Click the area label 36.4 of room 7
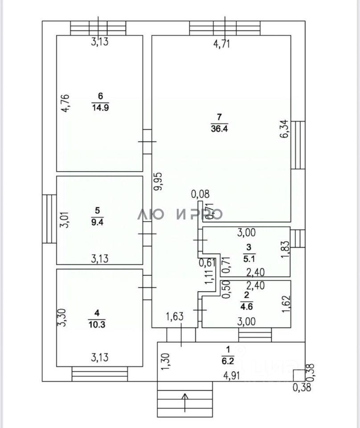[218, 129]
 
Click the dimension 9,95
[158, 181]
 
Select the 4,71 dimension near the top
[222, 44]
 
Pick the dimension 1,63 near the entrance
[175, 317]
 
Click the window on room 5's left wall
[49, 218]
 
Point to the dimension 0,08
[200, 194]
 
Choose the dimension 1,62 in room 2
[286, 303]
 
